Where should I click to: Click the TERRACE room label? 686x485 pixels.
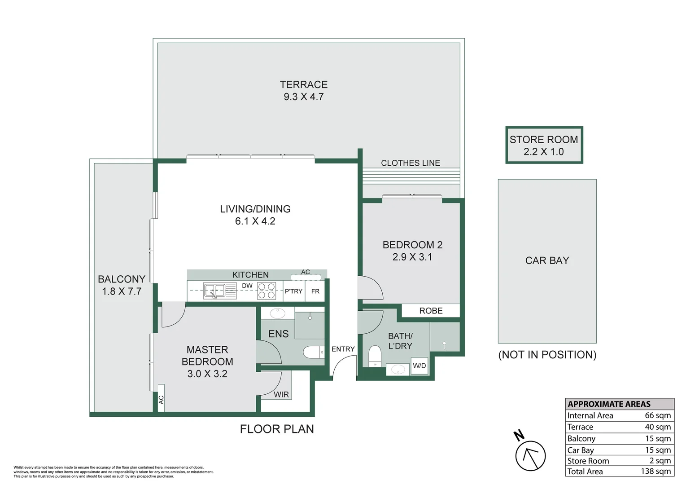click(303, 84)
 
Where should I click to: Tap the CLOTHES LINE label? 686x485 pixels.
click(411, 163)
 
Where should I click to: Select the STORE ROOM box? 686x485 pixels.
click(544, 145)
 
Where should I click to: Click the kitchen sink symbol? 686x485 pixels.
click(220, 291)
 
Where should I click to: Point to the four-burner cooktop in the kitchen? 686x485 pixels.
click(266, 291)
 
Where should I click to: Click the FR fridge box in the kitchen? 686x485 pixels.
click(315, 291)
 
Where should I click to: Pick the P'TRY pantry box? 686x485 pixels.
click(294, 291)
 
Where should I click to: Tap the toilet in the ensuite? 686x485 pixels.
click(314, 352)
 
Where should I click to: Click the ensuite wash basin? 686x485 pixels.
click(277, 313)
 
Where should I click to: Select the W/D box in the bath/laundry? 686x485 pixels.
click(419, 366)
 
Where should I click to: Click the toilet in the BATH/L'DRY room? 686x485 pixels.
click(375, 356)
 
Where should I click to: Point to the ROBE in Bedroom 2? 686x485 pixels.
click(431, 311)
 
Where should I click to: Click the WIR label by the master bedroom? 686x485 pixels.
click(281, 395)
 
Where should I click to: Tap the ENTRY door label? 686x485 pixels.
click(343, 349)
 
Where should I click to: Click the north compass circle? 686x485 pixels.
click(530, 456)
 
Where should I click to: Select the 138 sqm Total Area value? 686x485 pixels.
click(655, 471)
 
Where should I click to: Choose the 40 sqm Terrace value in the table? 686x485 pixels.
click(658, 427)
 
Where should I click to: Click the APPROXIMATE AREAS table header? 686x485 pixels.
click(609, 404)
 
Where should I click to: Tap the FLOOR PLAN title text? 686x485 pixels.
click(277, 429)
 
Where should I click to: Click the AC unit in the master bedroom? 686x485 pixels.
click(161, 398)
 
